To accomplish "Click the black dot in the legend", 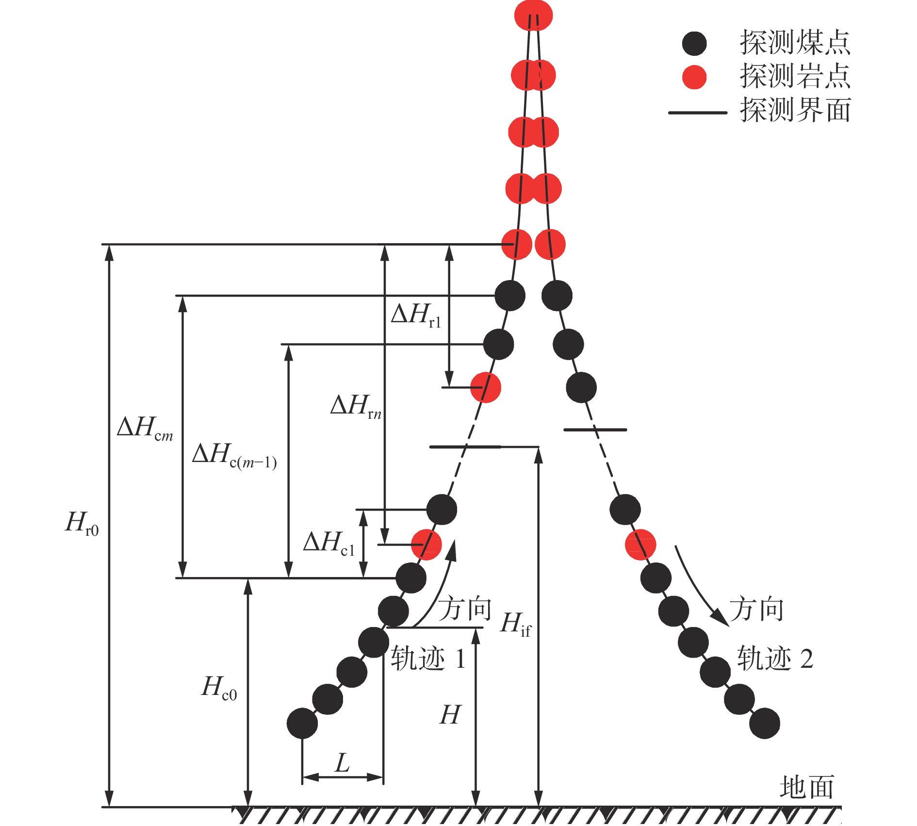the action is [694, 44].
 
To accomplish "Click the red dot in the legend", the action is [694, 77].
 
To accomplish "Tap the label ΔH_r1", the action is [416, 315].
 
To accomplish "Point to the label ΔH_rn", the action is [356, 406].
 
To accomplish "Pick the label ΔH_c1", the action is [329, 543].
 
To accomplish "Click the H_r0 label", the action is [82, 524].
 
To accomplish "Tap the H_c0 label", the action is [219, 688].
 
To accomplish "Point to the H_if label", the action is [516, 625].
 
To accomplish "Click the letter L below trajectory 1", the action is [342, 762].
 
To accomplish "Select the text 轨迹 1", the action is [428, 659].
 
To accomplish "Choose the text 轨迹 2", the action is [775, 659].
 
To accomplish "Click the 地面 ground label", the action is [807, 787].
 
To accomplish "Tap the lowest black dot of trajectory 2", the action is [765, 723].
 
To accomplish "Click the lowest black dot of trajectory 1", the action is [302, 723].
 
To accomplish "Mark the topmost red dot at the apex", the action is [533, 15].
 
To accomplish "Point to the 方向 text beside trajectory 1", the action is [465, 609].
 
